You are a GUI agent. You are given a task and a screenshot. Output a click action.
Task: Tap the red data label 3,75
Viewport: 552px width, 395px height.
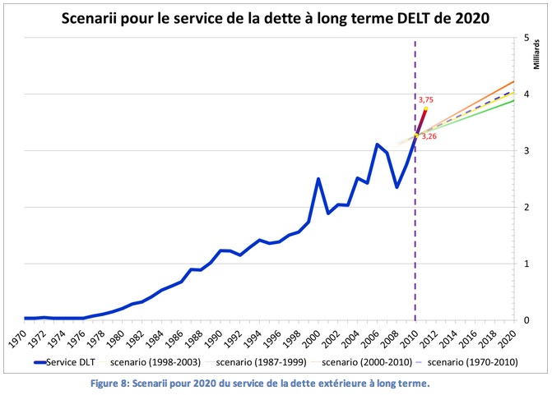pos(426,99)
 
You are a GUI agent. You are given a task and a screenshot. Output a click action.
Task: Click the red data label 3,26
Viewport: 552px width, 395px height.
pos(429,136)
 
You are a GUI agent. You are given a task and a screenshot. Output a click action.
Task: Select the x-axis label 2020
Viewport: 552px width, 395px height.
pos(513,338)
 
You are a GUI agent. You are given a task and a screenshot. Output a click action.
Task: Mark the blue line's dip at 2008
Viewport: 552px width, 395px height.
pos(397,187)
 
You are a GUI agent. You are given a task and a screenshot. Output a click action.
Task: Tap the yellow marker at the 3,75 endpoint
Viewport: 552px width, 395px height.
pos(425,108)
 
